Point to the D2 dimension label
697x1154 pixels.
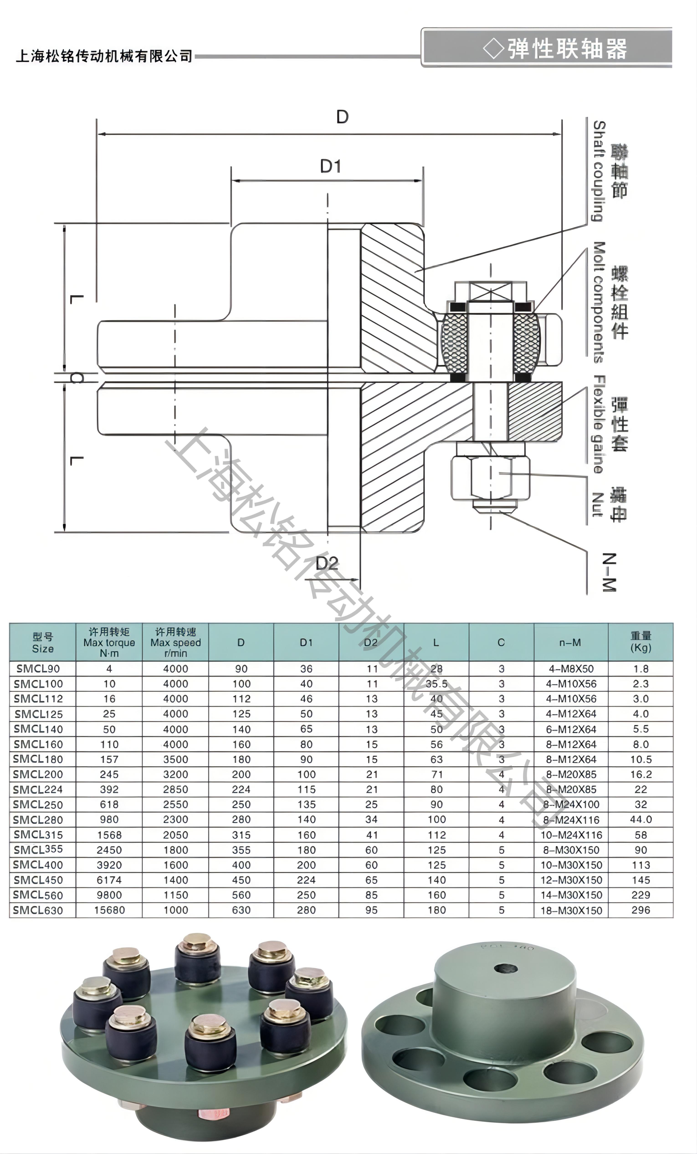(327, 563)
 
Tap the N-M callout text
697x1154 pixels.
(609, 572)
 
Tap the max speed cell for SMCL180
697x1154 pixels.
(176, 759)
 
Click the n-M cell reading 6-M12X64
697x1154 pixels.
(571, 729)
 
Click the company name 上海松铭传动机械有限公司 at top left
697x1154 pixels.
(104, 56)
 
